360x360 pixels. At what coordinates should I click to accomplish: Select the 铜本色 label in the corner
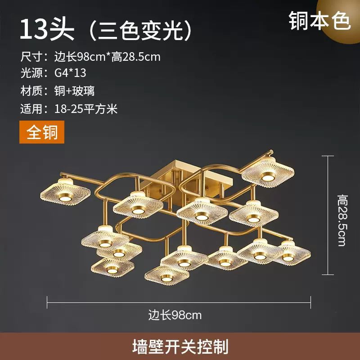point(320,21)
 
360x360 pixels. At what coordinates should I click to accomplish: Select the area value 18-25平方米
point(85,108)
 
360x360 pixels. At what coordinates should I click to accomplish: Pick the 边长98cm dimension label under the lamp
point(175,315)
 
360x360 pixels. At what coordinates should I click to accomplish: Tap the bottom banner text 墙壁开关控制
point(180,346)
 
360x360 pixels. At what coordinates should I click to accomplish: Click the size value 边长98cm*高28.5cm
point(107,56)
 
